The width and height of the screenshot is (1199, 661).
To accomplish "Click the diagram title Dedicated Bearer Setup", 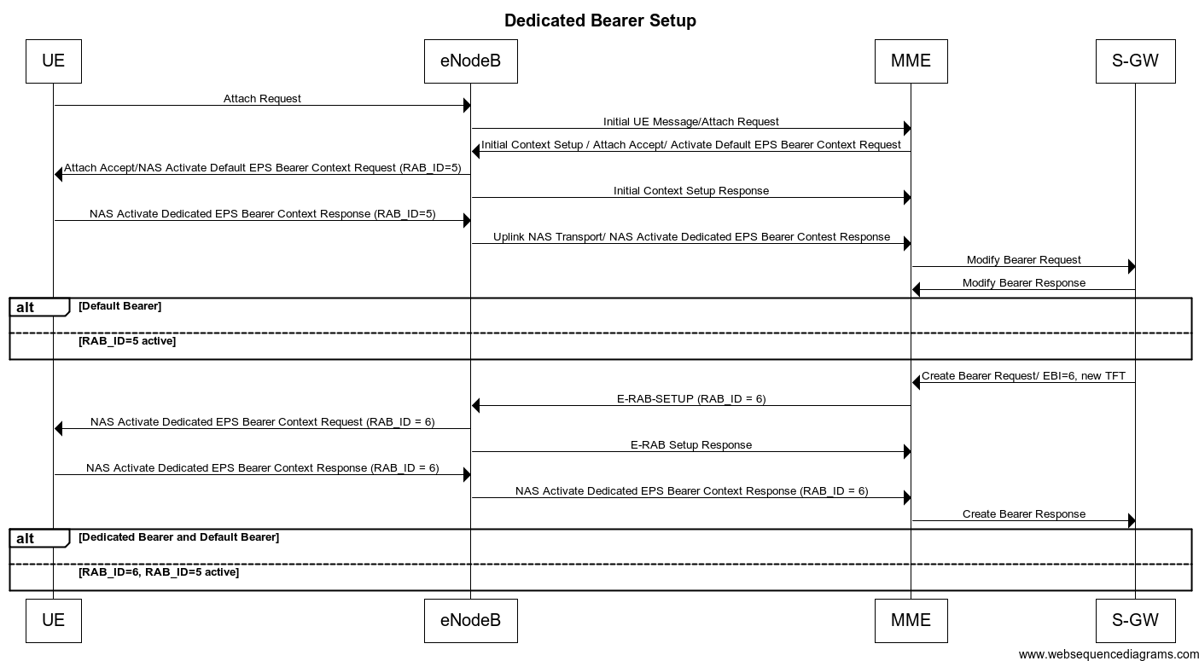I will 600,20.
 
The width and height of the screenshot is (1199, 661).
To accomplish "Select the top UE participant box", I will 53,61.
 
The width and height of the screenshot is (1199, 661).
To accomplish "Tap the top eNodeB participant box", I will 470,61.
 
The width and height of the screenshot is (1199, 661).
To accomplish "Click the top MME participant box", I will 911,61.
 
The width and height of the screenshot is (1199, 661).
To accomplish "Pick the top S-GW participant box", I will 1135,61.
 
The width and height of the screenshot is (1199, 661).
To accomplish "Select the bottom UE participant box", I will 53,620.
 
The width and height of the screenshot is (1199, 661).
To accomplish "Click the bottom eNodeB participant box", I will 470,620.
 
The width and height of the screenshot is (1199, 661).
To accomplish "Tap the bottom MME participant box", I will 911,620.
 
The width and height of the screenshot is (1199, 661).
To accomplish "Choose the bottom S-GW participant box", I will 1135,620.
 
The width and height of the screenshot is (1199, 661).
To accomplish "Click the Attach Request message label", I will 262,99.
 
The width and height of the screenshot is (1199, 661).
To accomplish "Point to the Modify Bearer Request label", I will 1023,260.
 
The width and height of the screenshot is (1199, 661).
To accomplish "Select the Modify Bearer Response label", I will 1023,283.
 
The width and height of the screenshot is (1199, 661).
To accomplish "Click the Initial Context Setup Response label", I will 690,191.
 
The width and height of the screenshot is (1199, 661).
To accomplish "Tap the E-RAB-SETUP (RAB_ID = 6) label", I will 690,398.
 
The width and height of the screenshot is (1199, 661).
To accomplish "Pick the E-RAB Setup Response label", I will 690,445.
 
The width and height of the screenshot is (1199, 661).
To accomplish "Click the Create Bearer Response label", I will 1023,514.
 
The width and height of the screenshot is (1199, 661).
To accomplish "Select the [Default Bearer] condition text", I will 119,306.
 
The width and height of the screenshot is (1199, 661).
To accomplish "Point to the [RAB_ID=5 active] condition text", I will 127,341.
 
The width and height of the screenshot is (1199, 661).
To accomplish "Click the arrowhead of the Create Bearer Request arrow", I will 917,383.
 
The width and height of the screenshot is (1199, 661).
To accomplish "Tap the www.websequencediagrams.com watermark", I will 1108,654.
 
